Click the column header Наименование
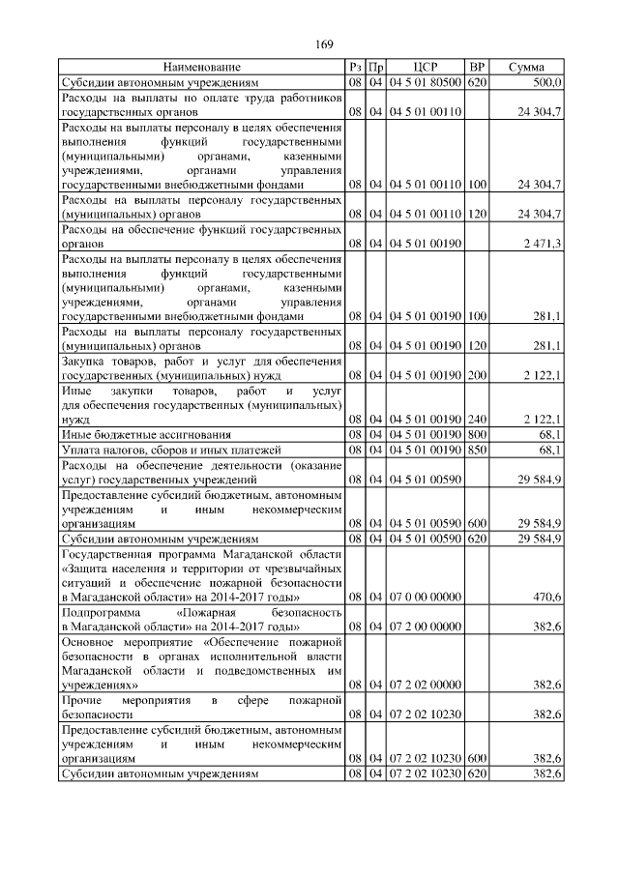tap(202, 67)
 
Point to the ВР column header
tap(476, 67)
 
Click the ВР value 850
tap(476, 449)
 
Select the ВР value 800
tap(476, 434)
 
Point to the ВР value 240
tap(476, 420)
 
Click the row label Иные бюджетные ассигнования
tap(133, 434)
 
